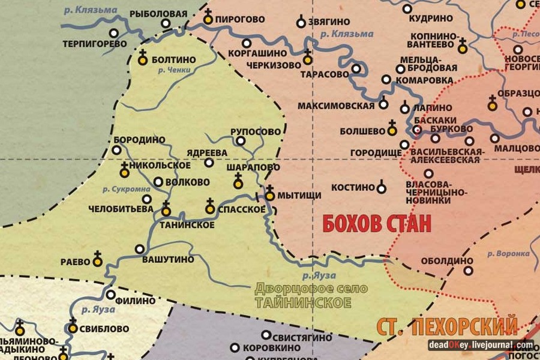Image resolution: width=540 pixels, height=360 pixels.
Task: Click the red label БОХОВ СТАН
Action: click(377, 224)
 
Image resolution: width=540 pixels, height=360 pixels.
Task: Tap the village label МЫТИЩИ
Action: click(302, 195)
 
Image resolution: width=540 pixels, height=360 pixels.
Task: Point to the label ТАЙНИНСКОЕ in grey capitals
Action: click(304, 302)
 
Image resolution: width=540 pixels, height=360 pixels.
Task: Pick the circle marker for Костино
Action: click(381, 188)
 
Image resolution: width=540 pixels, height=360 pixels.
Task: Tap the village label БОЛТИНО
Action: click(174, 59)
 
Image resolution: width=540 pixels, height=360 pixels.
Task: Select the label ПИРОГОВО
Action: click(242, 19)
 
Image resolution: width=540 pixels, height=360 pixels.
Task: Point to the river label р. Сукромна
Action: click(126, 189)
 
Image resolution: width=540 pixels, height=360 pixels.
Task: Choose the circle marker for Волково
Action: click(158, 181)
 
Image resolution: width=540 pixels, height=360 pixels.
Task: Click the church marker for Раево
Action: click(97, 260)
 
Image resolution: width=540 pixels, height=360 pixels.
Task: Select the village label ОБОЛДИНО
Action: click(439, 260)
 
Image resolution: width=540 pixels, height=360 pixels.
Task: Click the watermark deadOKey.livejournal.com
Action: click(481, 345)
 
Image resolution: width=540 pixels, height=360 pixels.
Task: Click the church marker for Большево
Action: click(392, 128)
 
